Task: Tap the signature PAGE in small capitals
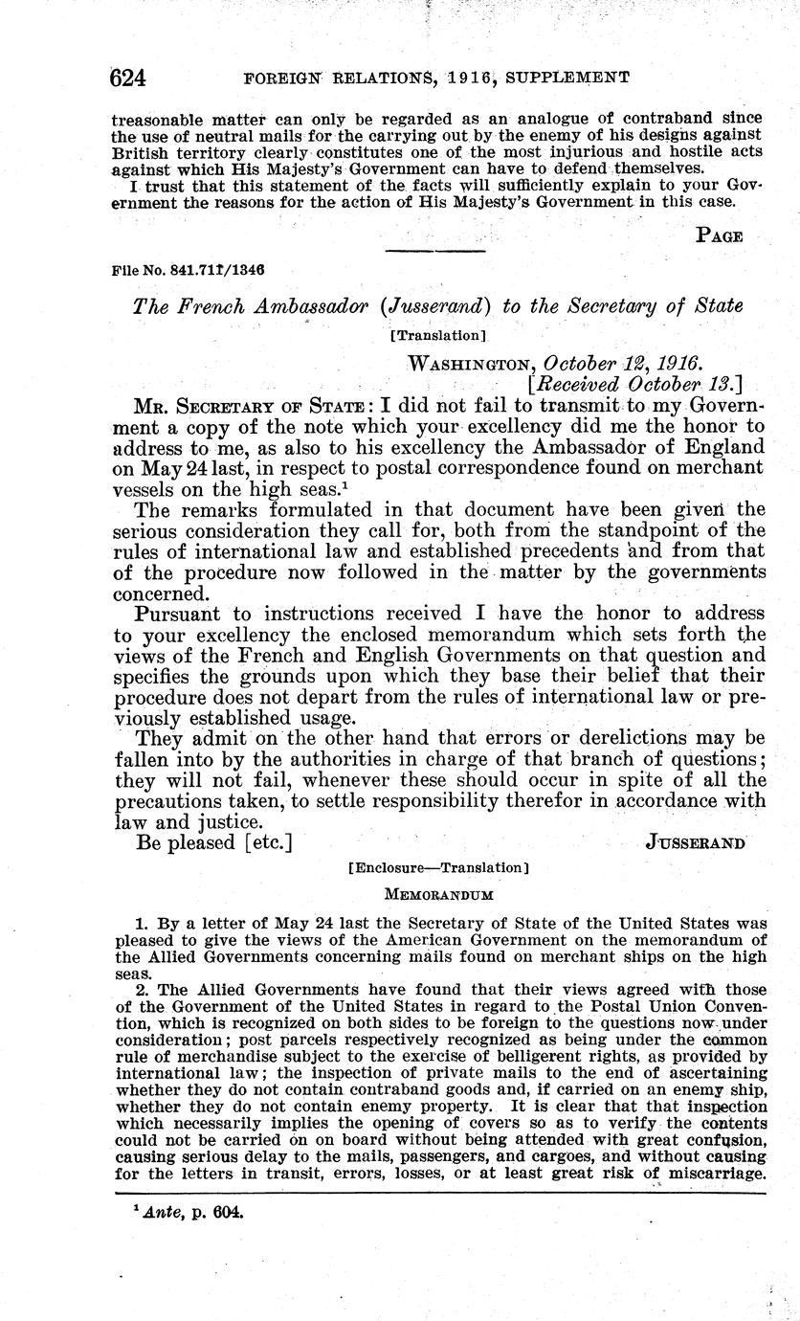(x=720, y=235)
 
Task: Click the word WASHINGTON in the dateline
(x=471, y=364)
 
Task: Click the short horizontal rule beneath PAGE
(x=434, y=251)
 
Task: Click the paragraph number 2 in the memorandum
(x=140, y=987)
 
